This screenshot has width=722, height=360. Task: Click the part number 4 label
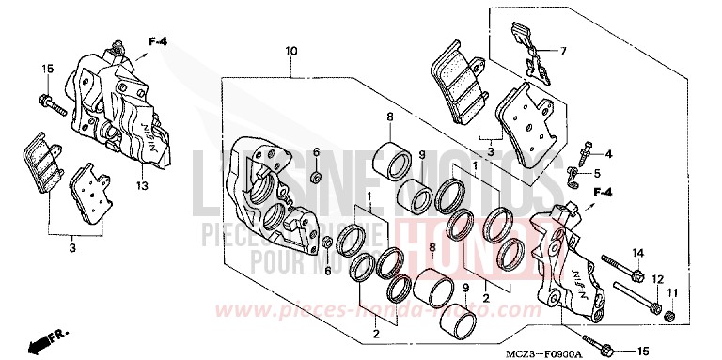click(608, 153)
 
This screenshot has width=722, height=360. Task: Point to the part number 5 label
click(608, 174)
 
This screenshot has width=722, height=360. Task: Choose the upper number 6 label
click(316, 152)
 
